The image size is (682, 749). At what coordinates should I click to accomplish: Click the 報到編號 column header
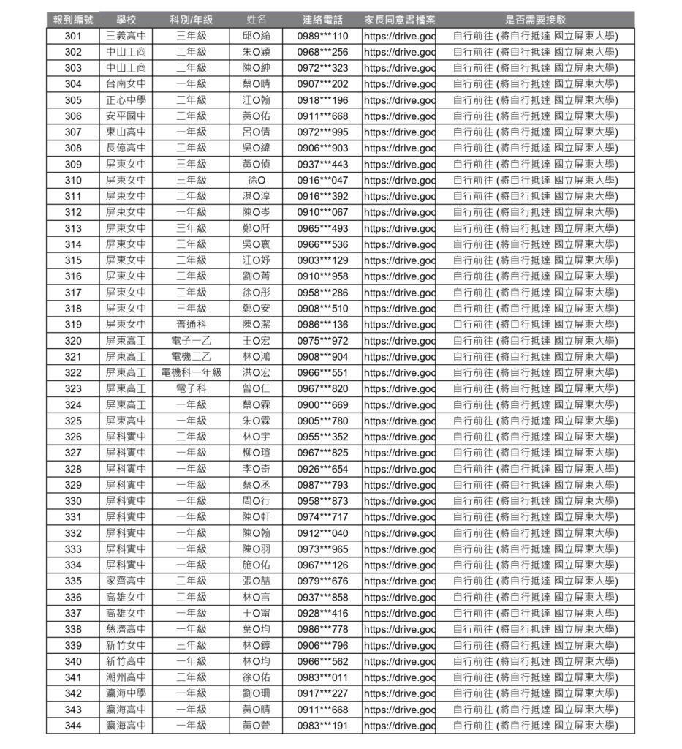click(73, 20)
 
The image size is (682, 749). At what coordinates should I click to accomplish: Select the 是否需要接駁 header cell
click(535, 20)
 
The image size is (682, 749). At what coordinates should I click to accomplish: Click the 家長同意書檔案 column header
click(399, 20)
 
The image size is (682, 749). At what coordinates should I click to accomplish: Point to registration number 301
click(73, 36)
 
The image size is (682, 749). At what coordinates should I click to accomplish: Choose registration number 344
click(73, 726)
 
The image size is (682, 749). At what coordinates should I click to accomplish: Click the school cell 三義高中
click(126, 36)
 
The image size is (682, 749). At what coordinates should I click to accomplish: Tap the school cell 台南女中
click(126, 84)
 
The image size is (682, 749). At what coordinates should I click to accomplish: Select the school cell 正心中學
click(126, 100)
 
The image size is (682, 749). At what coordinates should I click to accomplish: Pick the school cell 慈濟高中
click(126, 629)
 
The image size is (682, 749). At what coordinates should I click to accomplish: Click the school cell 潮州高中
click(126, 677)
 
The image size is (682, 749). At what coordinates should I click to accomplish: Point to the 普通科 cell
click(192, 325)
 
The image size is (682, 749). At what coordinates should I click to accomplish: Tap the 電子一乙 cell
click(192, 341)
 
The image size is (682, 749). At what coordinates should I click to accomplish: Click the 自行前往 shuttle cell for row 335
click(535, 581)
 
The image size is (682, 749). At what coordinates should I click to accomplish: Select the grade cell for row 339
click(192, 645)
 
